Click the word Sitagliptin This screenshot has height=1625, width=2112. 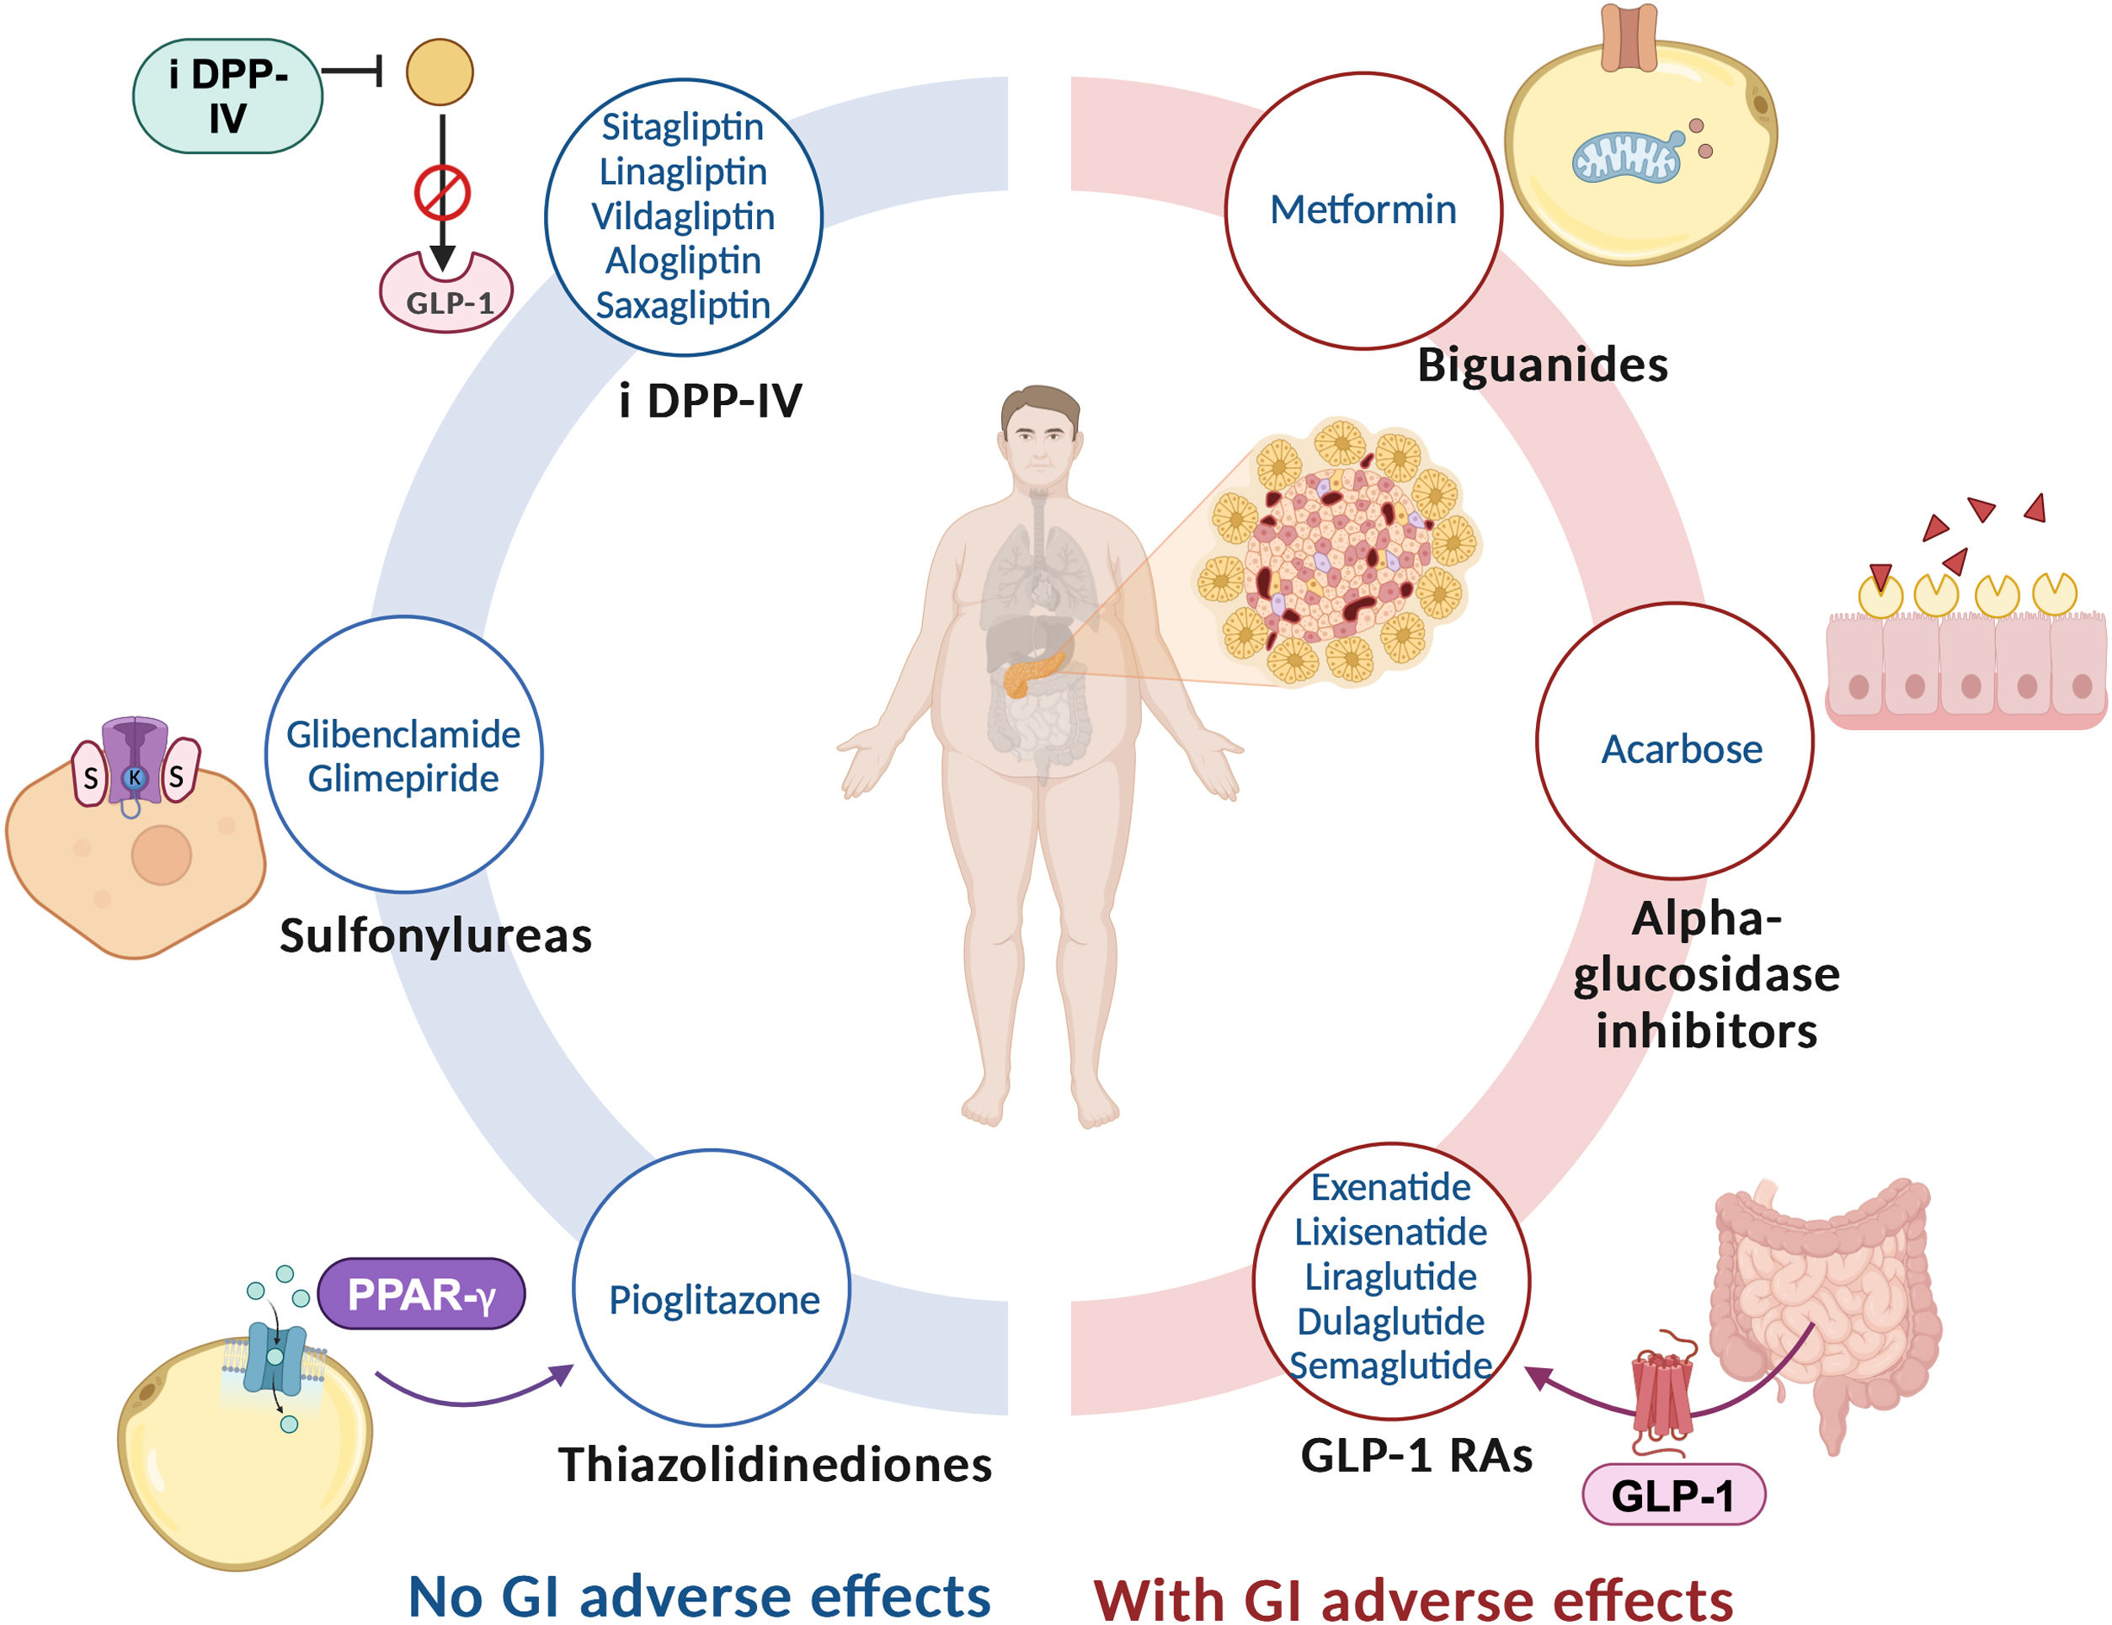tap(683, 126)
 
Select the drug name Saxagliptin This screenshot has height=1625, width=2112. tap(683, 306)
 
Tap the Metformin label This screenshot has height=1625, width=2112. tap(1363, 210)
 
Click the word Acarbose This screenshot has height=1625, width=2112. tap(1682, 749)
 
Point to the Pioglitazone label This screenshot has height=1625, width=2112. tap(713, 1300)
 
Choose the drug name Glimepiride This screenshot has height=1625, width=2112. tap(403, 778)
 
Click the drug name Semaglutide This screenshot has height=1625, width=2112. tap(1390, 1366)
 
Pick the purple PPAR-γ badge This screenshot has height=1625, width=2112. tap(421, 1294)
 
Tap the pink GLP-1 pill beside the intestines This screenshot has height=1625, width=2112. tap(1672, 1495)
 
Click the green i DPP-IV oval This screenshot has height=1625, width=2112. tap(227, 96)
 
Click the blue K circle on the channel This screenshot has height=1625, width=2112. tap(135, 777)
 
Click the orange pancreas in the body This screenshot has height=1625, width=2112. tap(1031, 672)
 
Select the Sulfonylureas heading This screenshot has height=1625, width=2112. tap(435, 935)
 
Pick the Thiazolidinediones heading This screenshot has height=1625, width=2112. tap(775, 1464)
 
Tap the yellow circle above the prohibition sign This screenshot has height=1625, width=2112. tap(439, 72)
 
